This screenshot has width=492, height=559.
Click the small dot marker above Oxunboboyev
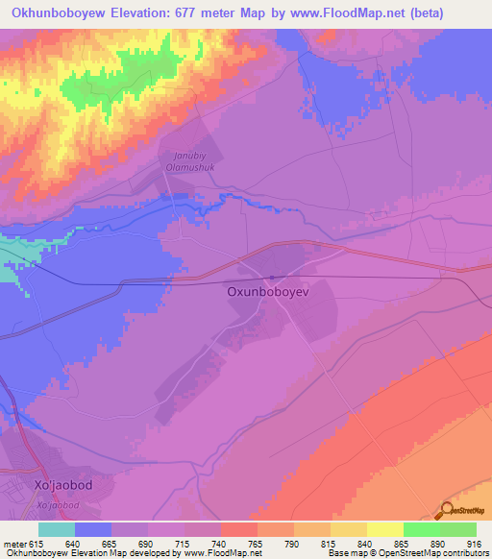click(272, 279)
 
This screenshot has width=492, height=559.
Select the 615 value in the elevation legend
click(35, 542)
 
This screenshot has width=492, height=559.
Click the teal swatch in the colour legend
click(57, 529)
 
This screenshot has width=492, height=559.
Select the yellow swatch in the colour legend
click(385, 529)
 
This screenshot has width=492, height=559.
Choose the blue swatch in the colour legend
click(93, 529)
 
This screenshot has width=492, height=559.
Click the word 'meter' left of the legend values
click(13, 542)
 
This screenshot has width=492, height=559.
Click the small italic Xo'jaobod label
click(60, 503)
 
